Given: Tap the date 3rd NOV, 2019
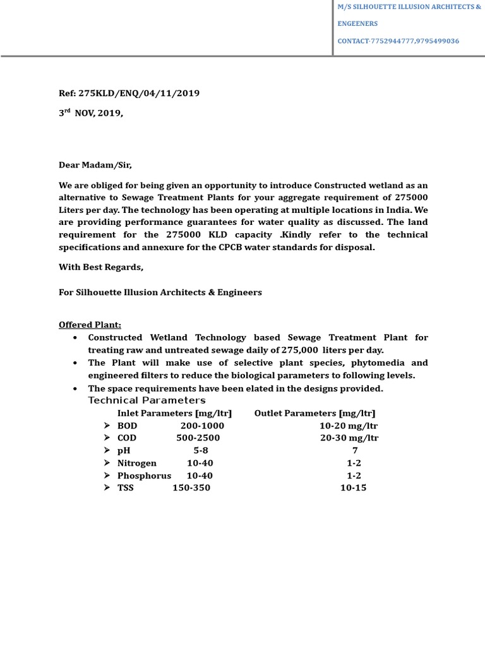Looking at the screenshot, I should coord(91,114).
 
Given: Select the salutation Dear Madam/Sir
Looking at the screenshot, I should coord(95,165).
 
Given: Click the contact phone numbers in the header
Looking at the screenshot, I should coord(398,41).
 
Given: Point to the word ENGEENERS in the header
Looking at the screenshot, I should coord(357,24).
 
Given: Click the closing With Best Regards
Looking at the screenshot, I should coord(101,267).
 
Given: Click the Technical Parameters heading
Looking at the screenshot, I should coord(147,401).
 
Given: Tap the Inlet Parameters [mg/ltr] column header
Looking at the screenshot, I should coord(174,413).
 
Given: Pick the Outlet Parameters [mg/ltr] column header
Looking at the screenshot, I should coord(314,413).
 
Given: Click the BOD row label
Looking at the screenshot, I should coord(127,426).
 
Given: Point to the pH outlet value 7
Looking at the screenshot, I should coord(354,450).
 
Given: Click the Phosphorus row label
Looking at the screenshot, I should coord(144,476).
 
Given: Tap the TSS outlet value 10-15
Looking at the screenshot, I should coord(353,488).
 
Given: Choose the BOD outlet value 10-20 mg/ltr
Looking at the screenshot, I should coord(349,426).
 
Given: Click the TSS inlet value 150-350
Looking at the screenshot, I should coord(191,488).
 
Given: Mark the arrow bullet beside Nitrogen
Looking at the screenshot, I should coord(107,463).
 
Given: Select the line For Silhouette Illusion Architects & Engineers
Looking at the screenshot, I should coord(160,293).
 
